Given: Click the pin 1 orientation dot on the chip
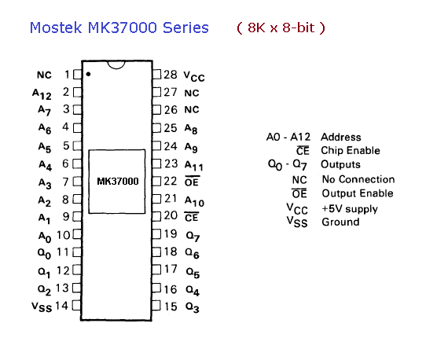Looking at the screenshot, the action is pos(88,75).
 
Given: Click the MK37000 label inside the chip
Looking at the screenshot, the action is pos(118,181).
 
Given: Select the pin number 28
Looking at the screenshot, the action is pos(171,75).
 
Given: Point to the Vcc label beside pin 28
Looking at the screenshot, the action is pos(194,76).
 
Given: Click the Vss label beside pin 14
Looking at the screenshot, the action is pos(42,307).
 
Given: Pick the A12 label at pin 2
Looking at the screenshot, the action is pos(42,94).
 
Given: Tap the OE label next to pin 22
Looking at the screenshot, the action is pos(192,182).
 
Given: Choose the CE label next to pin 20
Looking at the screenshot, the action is pos(192,217).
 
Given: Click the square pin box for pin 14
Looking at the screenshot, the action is pos(76,306).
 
